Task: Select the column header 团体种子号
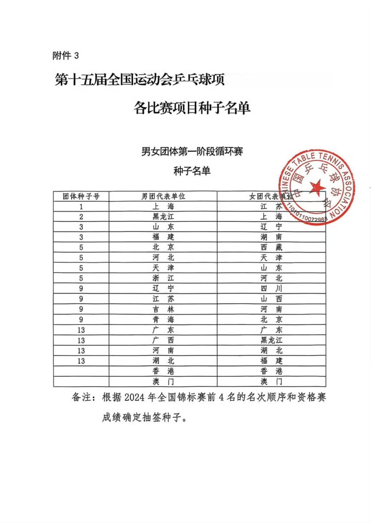81,197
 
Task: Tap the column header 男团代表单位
163,197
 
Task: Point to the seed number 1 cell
81,206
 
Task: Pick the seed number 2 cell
81,217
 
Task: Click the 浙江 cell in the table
163,279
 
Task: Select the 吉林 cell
163,309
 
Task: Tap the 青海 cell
163,320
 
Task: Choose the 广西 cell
163,340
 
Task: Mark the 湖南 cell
271,237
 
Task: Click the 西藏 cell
271,248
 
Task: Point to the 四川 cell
271,289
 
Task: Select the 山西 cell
271,299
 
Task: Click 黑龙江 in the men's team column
163,217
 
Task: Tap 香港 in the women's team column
271,371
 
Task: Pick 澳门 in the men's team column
163,382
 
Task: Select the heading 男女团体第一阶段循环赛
192,152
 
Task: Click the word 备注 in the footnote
81,398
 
